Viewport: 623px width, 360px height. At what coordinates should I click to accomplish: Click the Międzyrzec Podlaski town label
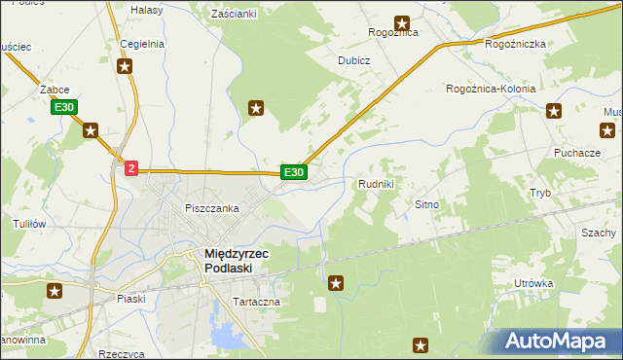(236, 261)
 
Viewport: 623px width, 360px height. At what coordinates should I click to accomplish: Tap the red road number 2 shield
(131, 168)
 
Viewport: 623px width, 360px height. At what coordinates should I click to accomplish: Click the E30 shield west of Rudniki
(294, 172)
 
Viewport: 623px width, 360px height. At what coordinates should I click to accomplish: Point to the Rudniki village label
(376, 184)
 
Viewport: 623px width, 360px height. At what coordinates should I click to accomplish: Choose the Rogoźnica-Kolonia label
(491, 89)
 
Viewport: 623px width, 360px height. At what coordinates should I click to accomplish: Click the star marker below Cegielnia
(125, 66)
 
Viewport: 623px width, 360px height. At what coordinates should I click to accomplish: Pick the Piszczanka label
(212, 208)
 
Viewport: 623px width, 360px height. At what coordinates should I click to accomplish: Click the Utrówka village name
(534, 283)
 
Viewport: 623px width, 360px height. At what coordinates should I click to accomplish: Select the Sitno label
(428, 205)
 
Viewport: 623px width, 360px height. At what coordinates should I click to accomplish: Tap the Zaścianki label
(234, 14)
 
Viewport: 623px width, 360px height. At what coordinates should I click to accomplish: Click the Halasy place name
(146, 9)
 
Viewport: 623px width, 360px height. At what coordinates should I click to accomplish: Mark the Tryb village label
(540, 193)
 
